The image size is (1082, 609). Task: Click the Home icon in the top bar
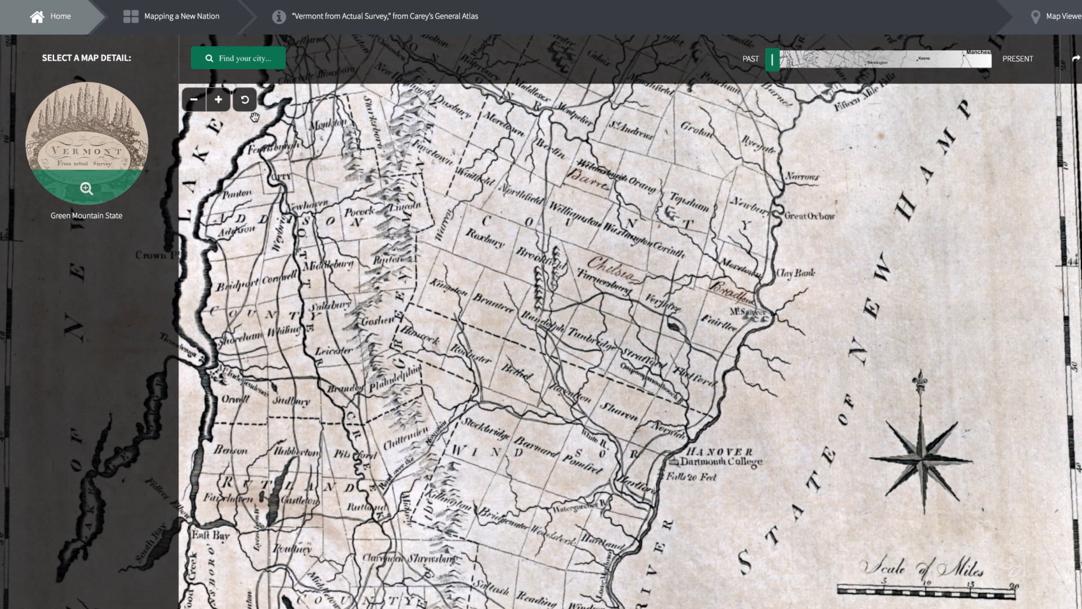[37, 17]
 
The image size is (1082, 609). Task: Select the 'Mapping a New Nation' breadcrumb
[181, 16]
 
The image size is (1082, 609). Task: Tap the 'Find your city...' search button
[238, 59]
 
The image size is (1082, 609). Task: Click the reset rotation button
[245, 100]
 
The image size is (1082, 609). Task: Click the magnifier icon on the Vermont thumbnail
[86, 189]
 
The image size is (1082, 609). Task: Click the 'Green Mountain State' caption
[86, 215]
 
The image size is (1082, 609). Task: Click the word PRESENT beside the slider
[1017, 59]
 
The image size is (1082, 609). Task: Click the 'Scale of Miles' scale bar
[927, 591]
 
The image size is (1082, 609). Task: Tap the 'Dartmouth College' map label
[721, 462]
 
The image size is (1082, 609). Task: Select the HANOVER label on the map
[719, 452]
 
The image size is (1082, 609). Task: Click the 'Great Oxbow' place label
[809, 216]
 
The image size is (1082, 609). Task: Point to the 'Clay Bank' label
[795, 273]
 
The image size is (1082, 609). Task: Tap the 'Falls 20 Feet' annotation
[691, 477]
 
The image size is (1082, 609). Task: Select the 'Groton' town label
[697, 130]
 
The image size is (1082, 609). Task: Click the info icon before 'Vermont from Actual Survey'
[279, 17]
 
